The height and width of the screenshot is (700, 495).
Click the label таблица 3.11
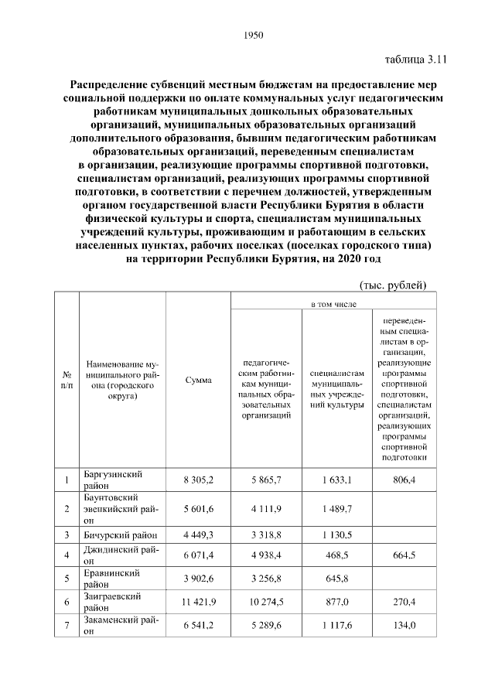(416, 59)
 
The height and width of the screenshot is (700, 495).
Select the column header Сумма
(199, 380)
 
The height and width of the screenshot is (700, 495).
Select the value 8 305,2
(199, 480)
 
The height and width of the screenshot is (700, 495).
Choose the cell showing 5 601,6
(199, 508)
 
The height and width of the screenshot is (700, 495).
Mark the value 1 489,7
(337, 508)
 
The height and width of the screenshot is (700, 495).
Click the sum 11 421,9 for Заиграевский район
(199, 603)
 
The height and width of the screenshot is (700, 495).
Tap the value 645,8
(337, 579)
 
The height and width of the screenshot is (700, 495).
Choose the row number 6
(67, 603)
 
